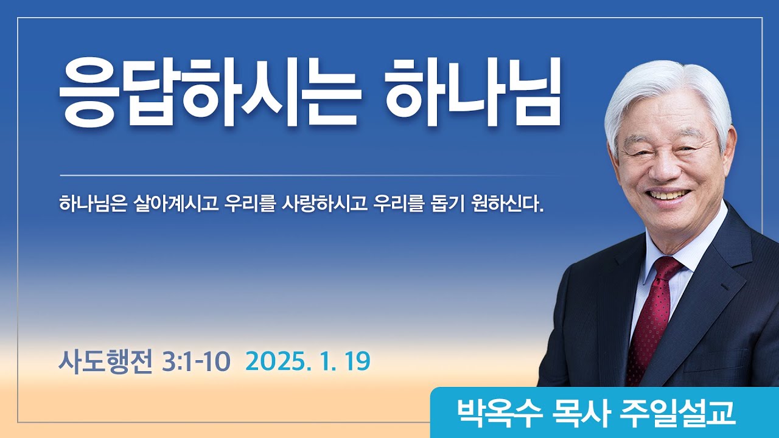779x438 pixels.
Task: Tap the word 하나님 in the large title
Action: pos(473,94)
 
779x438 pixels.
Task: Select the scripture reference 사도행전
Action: pos(105,362)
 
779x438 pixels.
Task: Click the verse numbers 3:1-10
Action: pos(196,362)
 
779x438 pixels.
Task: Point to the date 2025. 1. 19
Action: pos(308,362)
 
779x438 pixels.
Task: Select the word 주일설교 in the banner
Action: pos(676,413)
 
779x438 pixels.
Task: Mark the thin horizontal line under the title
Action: pos(304,175)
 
